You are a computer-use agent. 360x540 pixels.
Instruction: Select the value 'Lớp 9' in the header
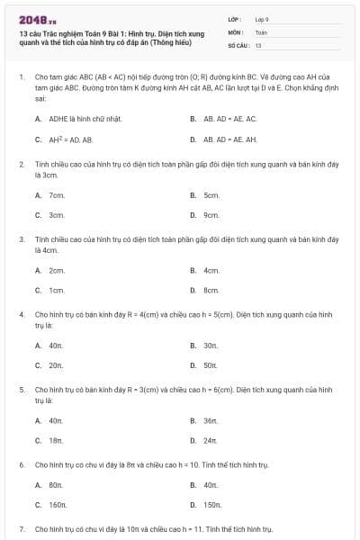(x=261, y=18)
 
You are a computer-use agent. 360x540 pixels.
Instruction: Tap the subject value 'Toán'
(x=260, y=31)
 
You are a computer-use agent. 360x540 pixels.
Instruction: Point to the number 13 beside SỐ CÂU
(x=258, y=44)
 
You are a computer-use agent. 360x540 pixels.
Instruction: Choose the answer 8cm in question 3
(x=211, y=290)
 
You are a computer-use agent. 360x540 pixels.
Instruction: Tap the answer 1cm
(x=56, y=290)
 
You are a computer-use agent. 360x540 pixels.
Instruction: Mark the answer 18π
(x=55, y=440)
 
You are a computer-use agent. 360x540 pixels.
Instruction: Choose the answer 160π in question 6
(x=58, y=505)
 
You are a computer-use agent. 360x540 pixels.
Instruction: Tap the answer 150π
(x=212, y=505)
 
